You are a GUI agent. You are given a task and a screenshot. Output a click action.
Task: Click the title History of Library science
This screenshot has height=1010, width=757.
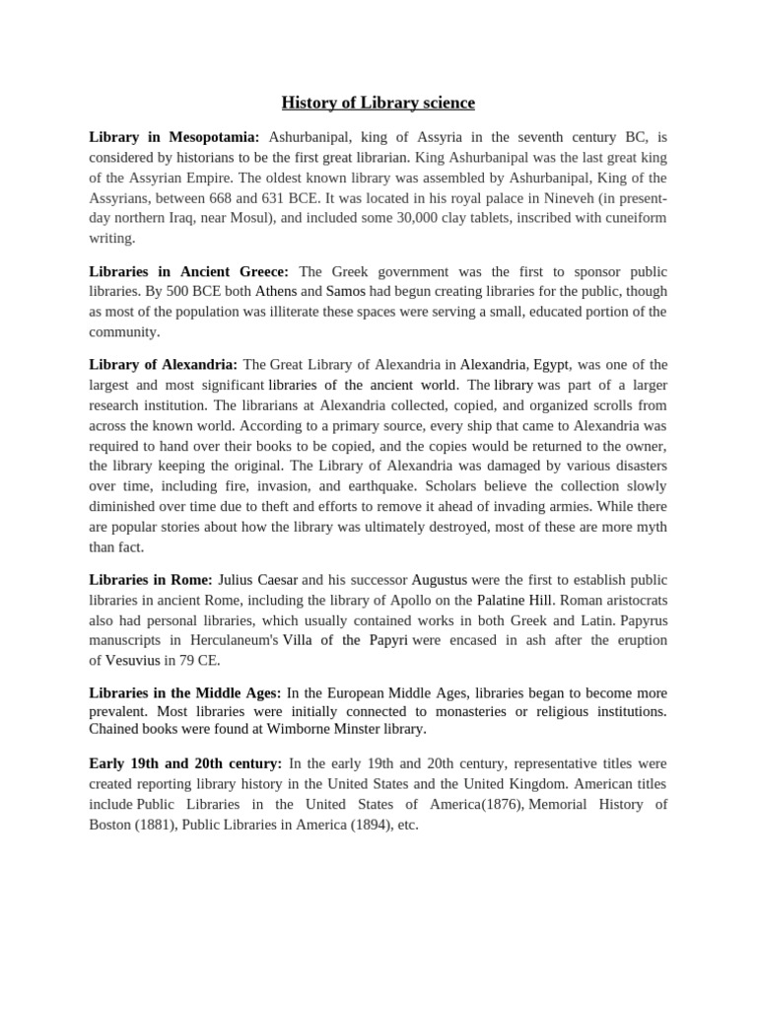[378, 103]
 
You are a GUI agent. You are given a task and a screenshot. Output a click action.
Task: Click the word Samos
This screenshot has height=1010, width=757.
[346, 291]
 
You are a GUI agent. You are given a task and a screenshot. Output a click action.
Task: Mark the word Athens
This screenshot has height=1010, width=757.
[276, 291]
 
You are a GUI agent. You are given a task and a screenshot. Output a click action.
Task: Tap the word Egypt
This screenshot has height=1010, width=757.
[552, 364]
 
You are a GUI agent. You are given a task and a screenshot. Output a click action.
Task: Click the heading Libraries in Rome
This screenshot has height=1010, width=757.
[151, 579]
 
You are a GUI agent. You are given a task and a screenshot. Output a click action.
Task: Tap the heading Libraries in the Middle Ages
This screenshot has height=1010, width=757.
[185, 693]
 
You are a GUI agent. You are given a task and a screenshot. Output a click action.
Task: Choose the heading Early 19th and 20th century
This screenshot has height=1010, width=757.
[185, 763]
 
